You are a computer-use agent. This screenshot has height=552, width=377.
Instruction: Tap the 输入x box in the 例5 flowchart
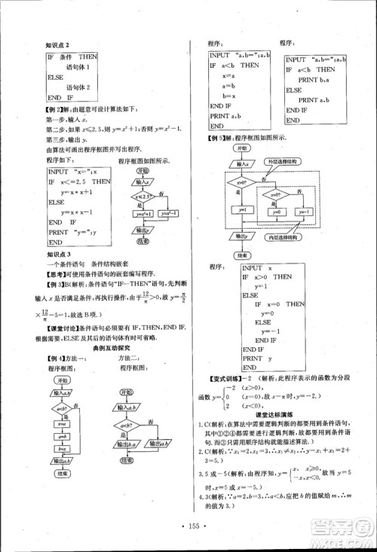pyautogui.click(x=244, y=164)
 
